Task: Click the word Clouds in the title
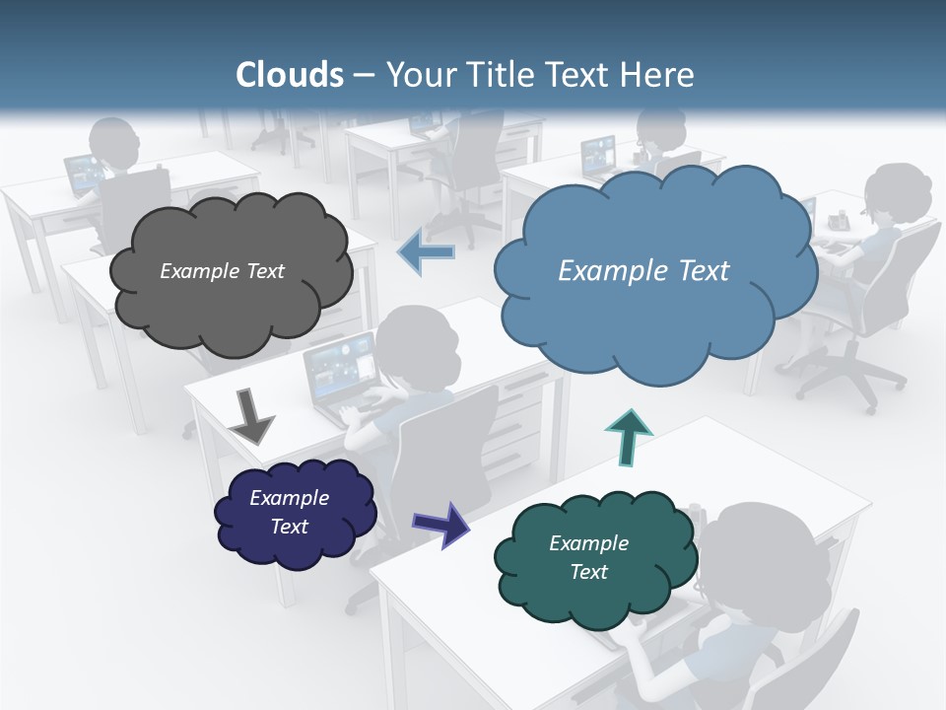point(290,75)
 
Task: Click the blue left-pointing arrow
point(426,253)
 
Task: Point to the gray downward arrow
point(251,415)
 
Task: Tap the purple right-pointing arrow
point(440,525)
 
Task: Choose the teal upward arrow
point(628,437)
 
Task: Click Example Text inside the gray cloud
point(222,271)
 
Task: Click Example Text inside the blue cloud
point(643,271)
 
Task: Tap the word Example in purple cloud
point(289,498)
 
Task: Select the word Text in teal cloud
point(588,572)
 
